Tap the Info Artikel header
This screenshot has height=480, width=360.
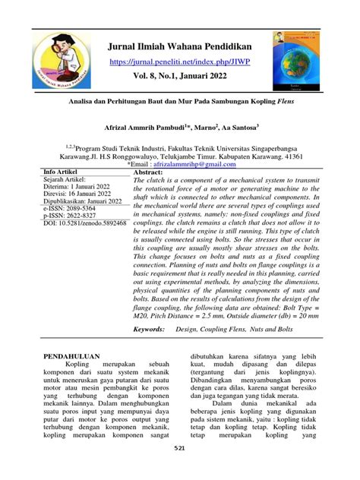coord(67,172)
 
